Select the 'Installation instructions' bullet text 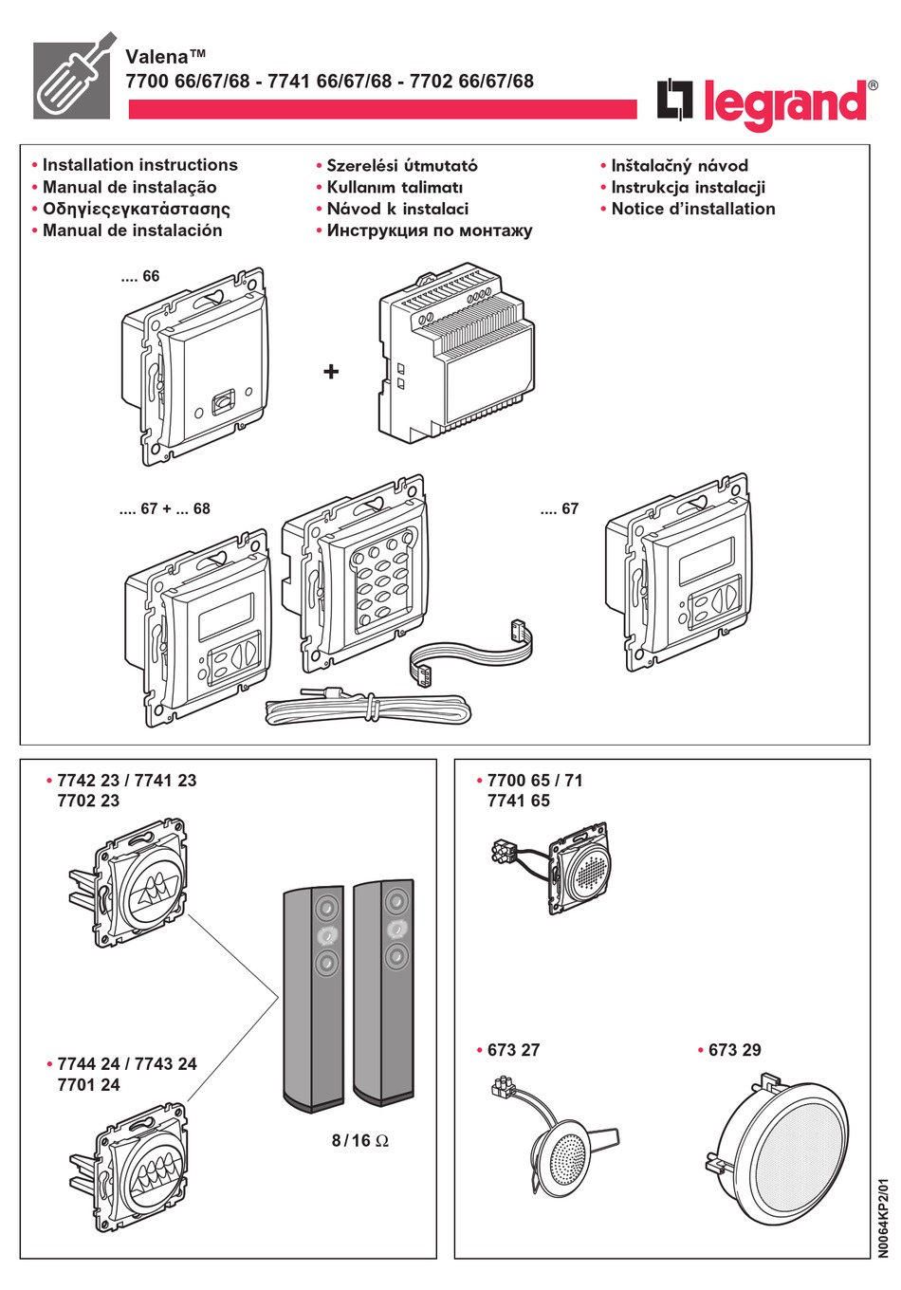(139, 165)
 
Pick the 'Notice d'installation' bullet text (692, 209)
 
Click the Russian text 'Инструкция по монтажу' (429, 230)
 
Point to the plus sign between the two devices (330, 372)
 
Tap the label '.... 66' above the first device (140, 277)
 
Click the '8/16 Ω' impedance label (359, 1140)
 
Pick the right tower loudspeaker (383, 991)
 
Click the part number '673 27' (513, 1050)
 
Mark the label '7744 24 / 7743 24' (127, 1064)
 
